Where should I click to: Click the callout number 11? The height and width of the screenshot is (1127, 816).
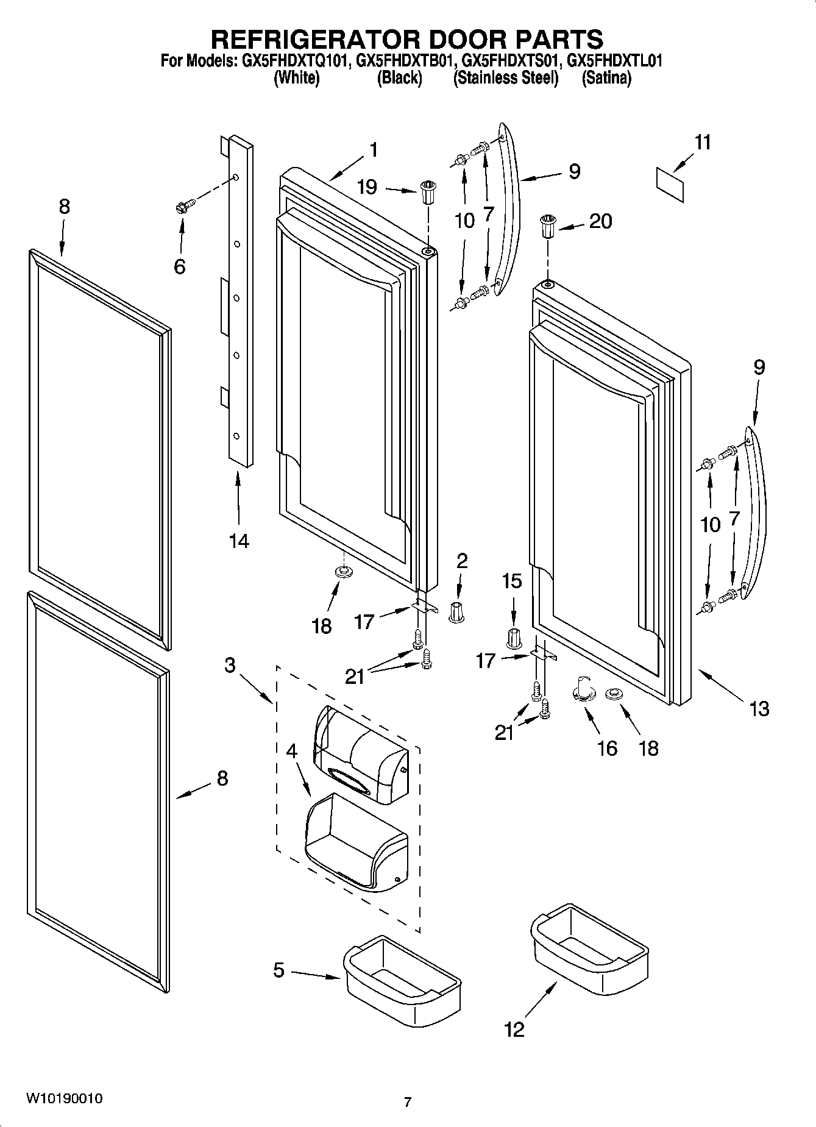tap(703, 143)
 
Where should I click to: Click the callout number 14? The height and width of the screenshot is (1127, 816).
tap(239, 540)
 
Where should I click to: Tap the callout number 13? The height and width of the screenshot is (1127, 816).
tap(759, 709)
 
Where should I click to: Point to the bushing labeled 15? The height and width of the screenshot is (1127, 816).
tap(514, 638)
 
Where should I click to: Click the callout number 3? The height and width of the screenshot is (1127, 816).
tap(229, 665)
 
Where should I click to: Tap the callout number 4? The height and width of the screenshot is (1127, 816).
tap(292, 751)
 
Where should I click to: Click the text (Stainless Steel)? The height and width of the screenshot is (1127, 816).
tap(505, 78)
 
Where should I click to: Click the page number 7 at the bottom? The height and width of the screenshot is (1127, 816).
tap(408, 1102)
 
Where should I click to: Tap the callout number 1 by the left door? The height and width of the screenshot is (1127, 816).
tap(374, 149)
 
